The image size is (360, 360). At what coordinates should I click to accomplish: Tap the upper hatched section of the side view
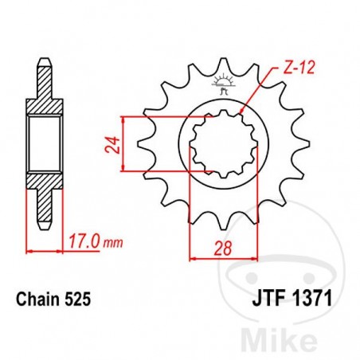click(46, 88)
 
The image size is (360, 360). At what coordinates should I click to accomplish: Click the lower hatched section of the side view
click(46, 191)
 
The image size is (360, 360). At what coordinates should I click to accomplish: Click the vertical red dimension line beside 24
click(122, 143)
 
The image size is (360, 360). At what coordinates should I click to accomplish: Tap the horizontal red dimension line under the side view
click(46, 249)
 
